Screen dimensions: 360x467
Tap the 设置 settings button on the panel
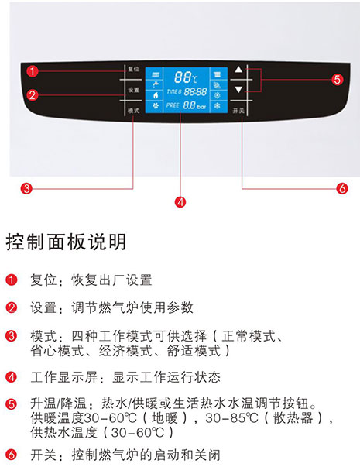coord(133,90)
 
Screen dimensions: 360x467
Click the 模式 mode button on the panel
coord(133,111)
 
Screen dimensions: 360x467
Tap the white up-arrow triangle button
coord(238,70)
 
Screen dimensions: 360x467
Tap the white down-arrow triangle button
coord(238,89)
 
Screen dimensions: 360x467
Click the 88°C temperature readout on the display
coord(186,77)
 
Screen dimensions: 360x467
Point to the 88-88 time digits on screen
coord(195,91)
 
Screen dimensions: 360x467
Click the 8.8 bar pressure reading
coord(194,105)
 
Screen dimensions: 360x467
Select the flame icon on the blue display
coord(155,95)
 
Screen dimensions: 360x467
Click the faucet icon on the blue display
coord(155,85)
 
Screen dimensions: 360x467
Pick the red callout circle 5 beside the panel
coord(337,80)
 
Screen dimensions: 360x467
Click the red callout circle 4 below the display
coord(180,202)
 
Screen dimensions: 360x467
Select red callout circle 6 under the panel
coord(342,188)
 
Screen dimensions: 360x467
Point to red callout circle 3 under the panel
coord(26,188)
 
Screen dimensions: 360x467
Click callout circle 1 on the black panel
coord(33,71)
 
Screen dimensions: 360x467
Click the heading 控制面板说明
coord(66,242)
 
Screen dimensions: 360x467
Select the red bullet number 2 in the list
coord(12,307)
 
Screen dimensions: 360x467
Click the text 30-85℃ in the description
coord(231,418)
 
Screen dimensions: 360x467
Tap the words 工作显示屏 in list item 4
coord(64,377)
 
